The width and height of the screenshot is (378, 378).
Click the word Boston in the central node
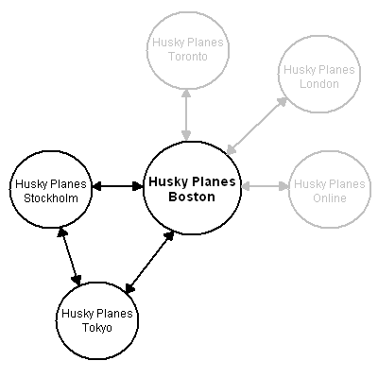point(192,197)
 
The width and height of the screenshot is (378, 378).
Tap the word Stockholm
point(51,198)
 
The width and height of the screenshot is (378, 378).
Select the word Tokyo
point(97,328)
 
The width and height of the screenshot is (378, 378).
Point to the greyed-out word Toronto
point(188,57)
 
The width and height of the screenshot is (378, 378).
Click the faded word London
point(319,84)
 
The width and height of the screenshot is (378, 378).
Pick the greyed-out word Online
point(330,198)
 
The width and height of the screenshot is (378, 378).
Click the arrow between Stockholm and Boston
point(118,186)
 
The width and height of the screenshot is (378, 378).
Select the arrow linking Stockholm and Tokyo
point(70,256)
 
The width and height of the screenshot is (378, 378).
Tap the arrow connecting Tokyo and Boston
point(149,262)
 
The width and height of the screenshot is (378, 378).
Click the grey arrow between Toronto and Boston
point(187,114)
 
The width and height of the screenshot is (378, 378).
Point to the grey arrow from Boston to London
point(257,126)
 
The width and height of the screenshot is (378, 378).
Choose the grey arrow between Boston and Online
point(265,186)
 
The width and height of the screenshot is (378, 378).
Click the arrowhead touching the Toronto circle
point(187,94)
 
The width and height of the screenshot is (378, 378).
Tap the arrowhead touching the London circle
point(283,102)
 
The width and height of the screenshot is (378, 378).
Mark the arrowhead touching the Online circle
point(284,186)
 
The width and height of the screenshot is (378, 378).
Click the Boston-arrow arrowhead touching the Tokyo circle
point(129,288)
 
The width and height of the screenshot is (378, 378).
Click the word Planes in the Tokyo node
point(114,314)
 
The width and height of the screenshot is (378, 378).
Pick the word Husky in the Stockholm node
point(31,184)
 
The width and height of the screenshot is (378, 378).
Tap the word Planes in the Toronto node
point(205,43)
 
